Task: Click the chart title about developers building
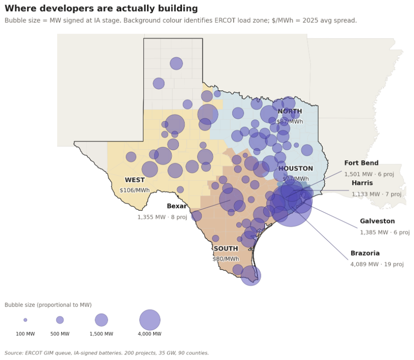[101, 8]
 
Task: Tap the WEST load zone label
[135, 180]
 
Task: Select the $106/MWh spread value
[135, 190]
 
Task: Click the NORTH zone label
[290, 111]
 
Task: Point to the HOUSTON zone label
[295, 168]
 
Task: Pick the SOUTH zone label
[226, 248]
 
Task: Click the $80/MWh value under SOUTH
[226, 259]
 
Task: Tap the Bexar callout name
[177, 206]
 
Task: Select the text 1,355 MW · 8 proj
[162, 217]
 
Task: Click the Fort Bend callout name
[361, 163]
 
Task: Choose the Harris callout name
[362, 183]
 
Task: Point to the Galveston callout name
[377, 221]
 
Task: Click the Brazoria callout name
[365, 253]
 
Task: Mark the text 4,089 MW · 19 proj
[377, 264]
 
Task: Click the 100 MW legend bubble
[25, 320]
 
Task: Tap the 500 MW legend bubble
[60, 320]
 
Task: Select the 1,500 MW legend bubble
[101, 320]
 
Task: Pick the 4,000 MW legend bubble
[150, 320]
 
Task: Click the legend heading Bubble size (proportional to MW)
[48, 305]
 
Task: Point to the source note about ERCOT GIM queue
[107, 353]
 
